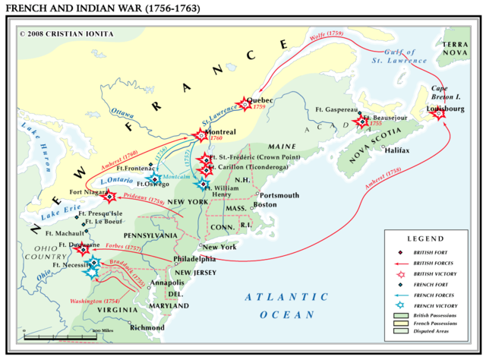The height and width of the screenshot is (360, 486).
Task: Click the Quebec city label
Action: click(x=260, y=99)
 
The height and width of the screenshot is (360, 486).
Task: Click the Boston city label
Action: click(x=265, y=204)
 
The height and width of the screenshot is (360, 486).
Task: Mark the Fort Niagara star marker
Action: click(x=109, y=196)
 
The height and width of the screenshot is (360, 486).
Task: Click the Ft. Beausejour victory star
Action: click(x=360, y=121)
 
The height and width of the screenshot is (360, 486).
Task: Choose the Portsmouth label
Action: click(x=280, y=194)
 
